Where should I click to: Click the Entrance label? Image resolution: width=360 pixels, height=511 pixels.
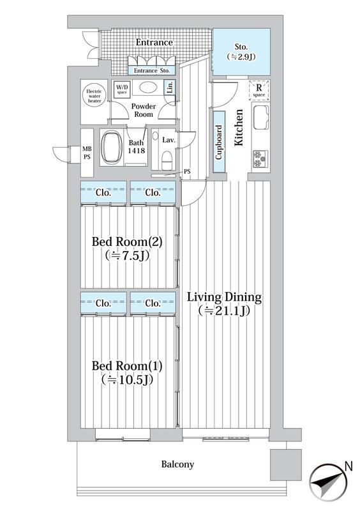coord(154,43)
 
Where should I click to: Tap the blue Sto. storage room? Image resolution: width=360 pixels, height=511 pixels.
coord(241,52)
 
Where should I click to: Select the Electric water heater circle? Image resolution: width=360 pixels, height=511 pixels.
coord(94,96)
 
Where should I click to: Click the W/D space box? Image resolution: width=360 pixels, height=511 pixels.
coord(122,89)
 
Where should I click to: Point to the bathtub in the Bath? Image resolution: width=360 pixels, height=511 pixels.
coord(112,147)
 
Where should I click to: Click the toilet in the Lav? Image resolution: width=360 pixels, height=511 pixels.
coord(168,160)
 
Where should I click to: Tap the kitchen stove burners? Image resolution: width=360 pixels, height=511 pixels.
coord(260,158)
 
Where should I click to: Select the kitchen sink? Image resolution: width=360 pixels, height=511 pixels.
coord(261,117)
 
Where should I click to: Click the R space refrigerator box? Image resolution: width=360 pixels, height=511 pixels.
coord(259,90)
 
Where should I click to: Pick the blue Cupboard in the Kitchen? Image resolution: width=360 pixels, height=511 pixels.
coord(220,142)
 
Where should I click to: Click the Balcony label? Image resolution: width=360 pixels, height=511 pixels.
coord(177,464)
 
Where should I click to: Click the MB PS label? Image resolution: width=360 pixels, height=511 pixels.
coord(87,153)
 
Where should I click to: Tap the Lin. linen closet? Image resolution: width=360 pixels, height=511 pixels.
coord(169,88)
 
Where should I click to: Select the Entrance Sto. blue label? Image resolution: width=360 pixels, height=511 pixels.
coord(152,70)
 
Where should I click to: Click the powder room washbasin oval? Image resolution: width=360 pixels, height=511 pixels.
coord(148,88)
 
